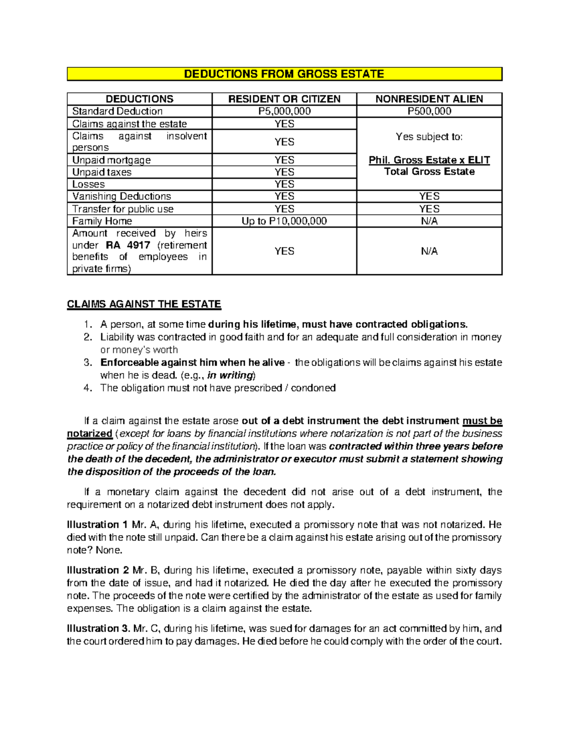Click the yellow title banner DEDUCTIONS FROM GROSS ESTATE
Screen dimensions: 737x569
click(284, 74)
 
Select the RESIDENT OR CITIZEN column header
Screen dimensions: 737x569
click(284, 99)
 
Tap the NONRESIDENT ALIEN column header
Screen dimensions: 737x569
click(429, 99)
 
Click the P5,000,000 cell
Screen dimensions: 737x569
click(284, 111)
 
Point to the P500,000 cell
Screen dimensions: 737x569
click(429, 111)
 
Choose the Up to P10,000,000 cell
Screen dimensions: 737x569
click(284, 221)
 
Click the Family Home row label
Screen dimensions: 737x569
click(102, 221)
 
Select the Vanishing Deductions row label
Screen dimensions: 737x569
click(121, 196)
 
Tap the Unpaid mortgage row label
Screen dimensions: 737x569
click(111, 160)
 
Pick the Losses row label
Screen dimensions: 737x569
click(89, 184)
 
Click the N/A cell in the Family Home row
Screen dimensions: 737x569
click(429, 221)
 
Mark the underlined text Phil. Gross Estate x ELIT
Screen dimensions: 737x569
click(429, 160)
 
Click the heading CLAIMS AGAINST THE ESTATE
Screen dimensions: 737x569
click(144, 304)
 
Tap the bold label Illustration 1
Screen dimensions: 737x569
click(97, 525)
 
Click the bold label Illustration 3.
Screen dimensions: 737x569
click(98, 629)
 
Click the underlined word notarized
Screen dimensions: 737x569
click(90, 434)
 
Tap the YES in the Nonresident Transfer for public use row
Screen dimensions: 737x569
click(429, 209)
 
